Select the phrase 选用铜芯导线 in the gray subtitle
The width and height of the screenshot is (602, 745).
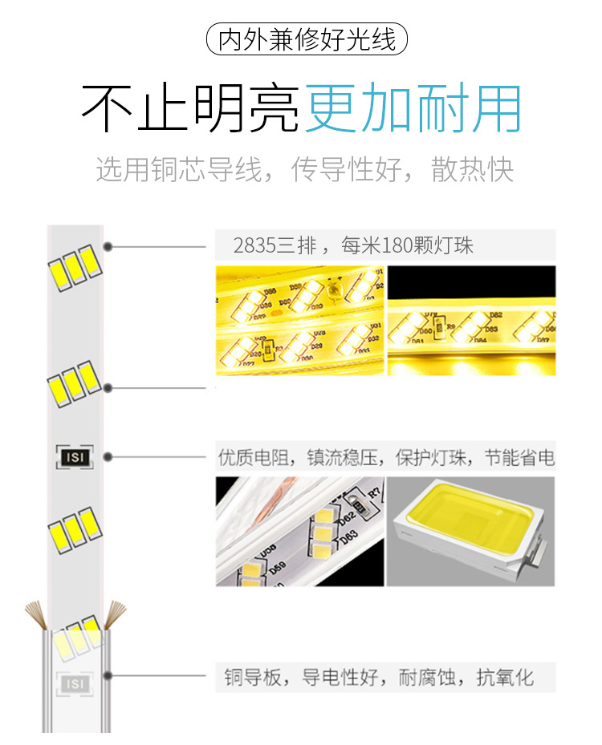point(179,170)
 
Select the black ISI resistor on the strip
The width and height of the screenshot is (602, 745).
point(74,457)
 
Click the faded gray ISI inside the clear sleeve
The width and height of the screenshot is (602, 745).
point(75,683)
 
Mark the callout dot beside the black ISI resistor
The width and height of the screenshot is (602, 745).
point(108,457)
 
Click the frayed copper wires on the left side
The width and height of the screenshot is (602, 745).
point(36,614)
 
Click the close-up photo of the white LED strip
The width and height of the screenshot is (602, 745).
point(299,530)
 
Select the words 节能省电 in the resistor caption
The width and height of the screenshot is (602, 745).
point(519,459)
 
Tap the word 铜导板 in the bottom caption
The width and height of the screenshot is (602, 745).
point(250,677)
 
